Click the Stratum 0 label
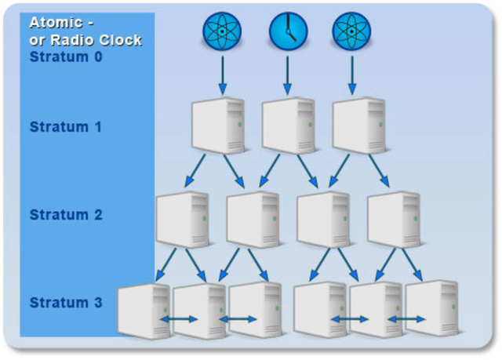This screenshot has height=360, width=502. (66, 56)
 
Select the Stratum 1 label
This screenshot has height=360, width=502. (66, 126)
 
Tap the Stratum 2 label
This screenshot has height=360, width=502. (66, 214)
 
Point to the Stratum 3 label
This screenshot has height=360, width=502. (66, 302)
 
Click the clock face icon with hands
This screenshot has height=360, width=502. (288, 31)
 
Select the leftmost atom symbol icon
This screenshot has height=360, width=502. (222, 31)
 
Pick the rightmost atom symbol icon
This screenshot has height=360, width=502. (351, 31)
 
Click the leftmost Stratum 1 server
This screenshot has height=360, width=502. (219, 125)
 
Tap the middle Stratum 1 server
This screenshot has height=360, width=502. (288, 125)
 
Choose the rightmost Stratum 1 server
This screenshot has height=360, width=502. (358, 125)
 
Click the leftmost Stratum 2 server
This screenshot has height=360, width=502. (183, 220)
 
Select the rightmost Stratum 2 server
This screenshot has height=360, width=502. (395, 220)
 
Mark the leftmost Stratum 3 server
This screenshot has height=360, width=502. (144, 311)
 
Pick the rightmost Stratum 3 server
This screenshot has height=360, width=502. (432, 309)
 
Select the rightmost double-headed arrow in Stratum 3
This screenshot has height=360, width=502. (406, 319)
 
